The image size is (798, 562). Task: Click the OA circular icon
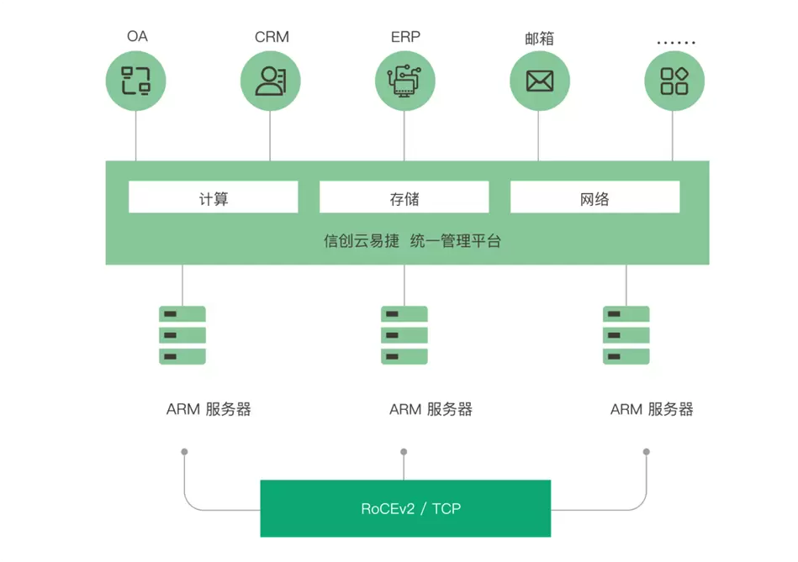(x=135, y=81)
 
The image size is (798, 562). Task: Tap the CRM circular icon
(x=270, y=81)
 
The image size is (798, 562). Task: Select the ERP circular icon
(x=404, y=81)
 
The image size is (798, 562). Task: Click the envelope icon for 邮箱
(x=539, y=81)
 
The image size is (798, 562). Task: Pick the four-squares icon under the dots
(x=674, y=81)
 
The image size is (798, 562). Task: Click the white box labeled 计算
(x=214, y=197)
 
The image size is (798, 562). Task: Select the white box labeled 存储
(x=404, y=197)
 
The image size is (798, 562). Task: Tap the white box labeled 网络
(x=595, y=197)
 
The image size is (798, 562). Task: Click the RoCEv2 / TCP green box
(x=405, y=508)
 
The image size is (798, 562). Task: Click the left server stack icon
(x=182, y=335)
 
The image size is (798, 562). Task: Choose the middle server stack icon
(x=404, y=335)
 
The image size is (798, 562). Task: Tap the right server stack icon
(x=626, y=335)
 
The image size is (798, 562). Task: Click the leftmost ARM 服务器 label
(x=209, y=409)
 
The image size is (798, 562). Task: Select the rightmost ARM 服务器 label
(x=652, y=409)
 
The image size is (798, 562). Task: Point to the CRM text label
(x=272, y=37)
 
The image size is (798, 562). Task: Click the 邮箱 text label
(x=539, y=39)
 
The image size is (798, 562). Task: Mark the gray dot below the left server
(x=184, y=452)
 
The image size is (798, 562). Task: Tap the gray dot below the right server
(x=647, y=452)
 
